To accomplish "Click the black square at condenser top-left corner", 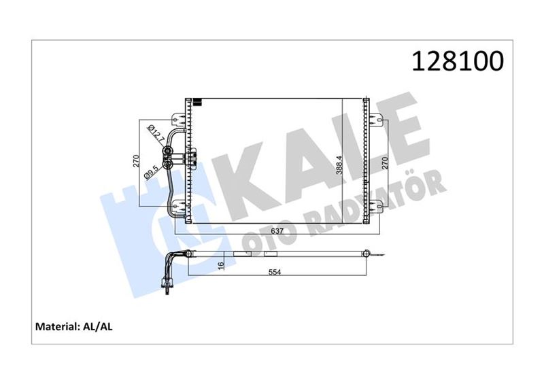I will coord(198,103).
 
